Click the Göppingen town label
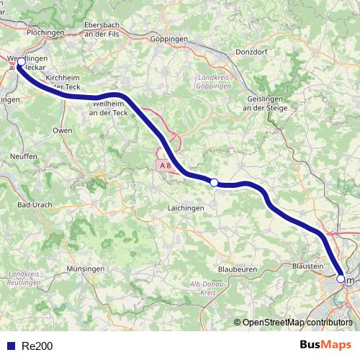170,39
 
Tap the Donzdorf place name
251,52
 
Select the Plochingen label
45,33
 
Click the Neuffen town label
24,156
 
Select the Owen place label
63,130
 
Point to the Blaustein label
307,266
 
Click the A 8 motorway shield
166,166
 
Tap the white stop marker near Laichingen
214,182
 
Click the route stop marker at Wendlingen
21,62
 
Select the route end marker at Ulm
341,278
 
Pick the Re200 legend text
37,346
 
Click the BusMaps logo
325,345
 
